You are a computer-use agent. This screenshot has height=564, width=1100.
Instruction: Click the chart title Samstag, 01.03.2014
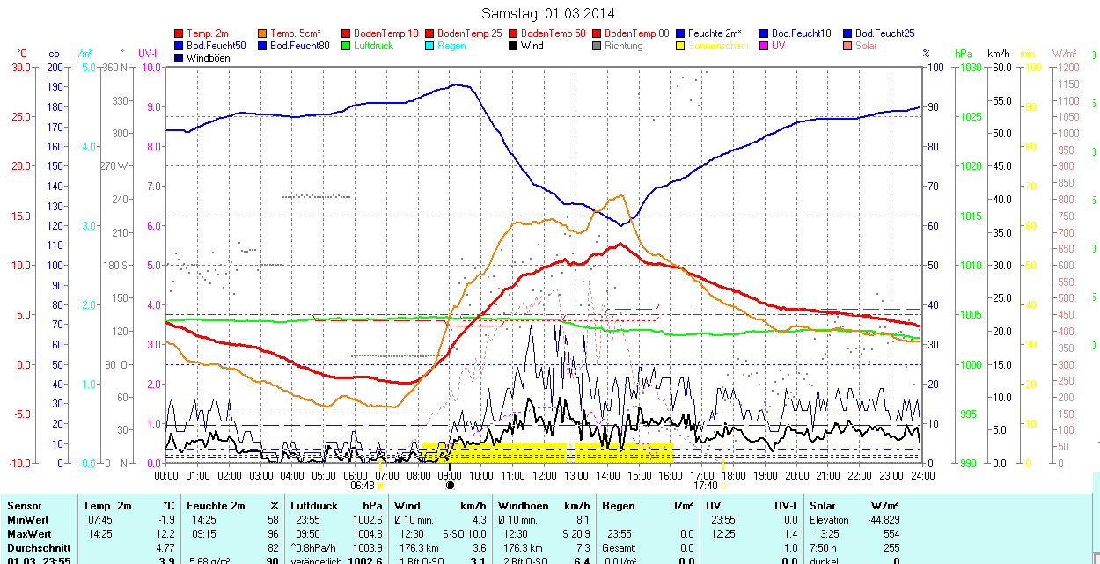click(x=548, y=13)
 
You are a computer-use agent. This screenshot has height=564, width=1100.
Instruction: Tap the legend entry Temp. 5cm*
click(x=296, y=33)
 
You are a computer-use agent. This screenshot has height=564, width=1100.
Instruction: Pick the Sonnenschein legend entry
click(x=718, y=46)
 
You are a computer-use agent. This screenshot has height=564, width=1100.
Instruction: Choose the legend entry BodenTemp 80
click(x=638, y=33)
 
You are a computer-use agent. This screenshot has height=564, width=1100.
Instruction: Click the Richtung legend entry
click(x=623, y=46)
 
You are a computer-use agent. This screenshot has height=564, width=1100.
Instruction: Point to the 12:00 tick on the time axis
click(x=544, y=475)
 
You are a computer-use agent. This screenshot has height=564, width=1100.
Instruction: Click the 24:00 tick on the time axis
click(x=922, y=475)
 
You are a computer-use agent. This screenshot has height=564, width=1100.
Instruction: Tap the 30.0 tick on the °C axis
click(x=20, y=67)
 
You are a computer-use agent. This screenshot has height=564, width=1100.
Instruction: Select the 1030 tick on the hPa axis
click(x=970, y=67)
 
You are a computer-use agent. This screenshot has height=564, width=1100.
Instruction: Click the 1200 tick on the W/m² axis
click(x=1067, y=67)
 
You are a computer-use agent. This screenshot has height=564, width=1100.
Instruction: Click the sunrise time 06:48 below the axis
click(x=363, y=485)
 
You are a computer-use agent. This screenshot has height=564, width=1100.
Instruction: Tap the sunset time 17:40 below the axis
click(x=705, y=485)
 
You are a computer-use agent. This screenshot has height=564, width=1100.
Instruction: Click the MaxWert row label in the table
click(x=29, y=534)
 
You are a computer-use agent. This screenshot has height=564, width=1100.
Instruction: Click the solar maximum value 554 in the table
click(x=891, y=534)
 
